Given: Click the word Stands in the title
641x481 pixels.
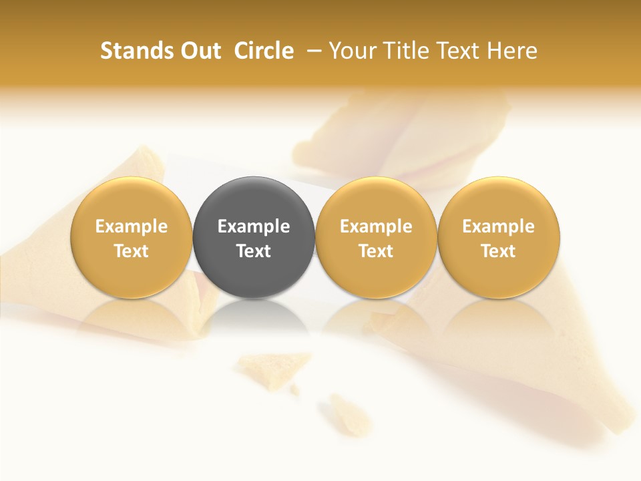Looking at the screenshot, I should pos(132,51).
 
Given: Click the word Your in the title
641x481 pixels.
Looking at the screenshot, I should pos(353,51).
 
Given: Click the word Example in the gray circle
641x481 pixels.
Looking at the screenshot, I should pos(254,226).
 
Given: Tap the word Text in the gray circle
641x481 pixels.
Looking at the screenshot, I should pos(254,251).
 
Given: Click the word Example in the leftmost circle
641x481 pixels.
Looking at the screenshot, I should pos(132,226).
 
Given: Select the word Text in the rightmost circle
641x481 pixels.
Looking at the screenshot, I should pos(499,251).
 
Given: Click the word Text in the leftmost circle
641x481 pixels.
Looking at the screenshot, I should pos(132,251).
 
